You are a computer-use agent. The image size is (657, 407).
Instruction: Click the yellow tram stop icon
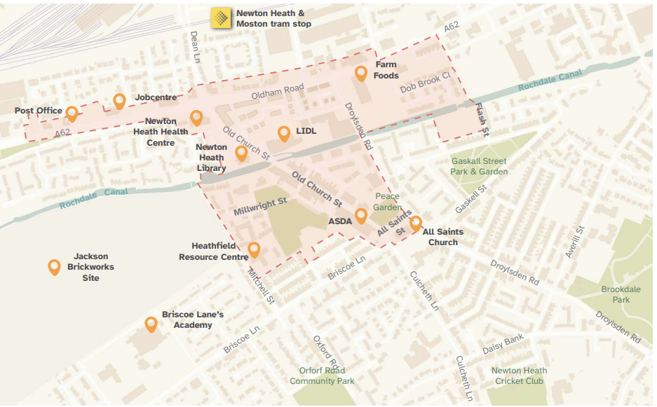(x=221, y=18)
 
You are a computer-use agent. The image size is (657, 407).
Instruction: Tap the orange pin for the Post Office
(x=72, y=113)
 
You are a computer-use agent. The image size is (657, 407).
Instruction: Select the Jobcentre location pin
(x=120, y=101)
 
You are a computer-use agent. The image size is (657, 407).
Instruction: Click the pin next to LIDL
(x=284, y=133)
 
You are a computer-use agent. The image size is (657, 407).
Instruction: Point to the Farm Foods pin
(x=361, y=73)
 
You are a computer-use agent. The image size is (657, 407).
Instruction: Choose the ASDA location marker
(x=361, y=215)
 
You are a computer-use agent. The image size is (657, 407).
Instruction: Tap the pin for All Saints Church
(x=416, y=223)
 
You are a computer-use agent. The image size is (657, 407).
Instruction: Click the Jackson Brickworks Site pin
(x=54, y=266)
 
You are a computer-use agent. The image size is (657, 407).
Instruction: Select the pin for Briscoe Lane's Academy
(x=151, y=324)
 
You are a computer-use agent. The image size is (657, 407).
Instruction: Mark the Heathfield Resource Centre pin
(x=254, y=249)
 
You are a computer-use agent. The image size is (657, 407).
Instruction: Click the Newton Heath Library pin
(x=241, y=153)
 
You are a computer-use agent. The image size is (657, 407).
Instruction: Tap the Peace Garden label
(x=388, y=202)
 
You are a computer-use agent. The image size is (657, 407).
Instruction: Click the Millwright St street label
(x=260, y=206)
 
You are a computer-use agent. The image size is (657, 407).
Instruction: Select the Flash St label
(x=481, y=118)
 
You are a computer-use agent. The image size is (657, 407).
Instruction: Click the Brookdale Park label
(x=615, y=294)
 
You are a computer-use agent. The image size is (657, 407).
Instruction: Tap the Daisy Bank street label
(x=503, y=344)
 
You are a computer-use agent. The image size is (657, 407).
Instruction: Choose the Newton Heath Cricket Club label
(x=519, y=376)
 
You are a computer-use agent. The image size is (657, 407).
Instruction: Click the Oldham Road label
(x=278, y=90)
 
